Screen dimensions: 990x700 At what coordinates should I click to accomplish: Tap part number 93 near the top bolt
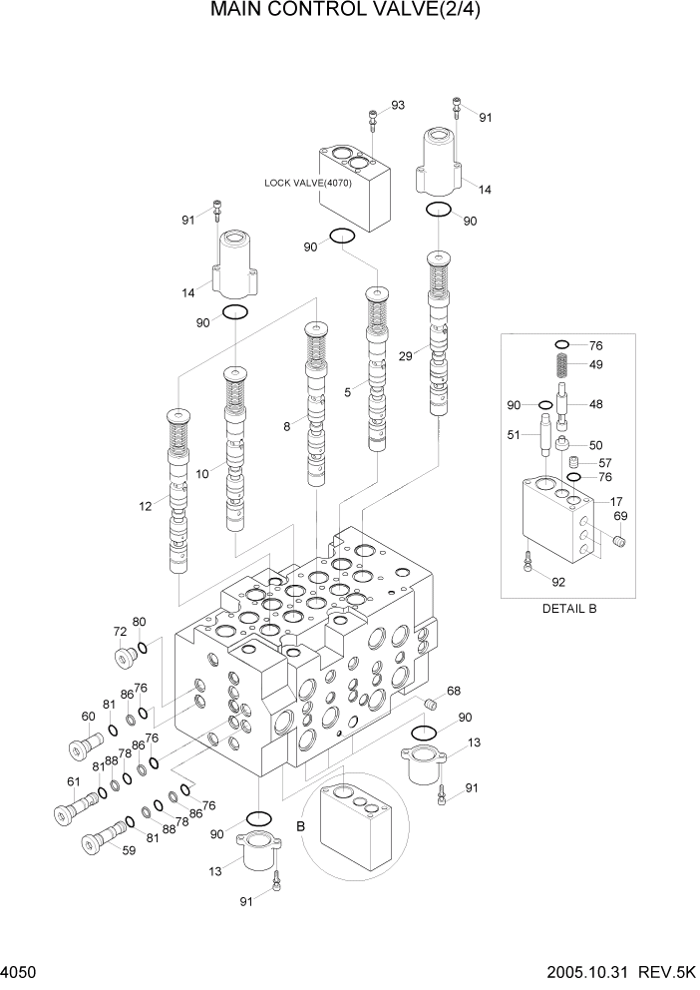tap(398, 105)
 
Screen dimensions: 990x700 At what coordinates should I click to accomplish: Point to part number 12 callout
tap(147, 507)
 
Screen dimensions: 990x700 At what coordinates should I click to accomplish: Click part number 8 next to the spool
tap(287, 426)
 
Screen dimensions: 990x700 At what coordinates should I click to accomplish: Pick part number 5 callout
tap(348, 393)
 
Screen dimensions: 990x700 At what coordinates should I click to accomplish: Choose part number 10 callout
tap(202, 474)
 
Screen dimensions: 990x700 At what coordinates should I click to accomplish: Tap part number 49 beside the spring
tap(595, 364)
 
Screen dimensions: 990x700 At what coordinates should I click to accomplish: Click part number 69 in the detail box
tap(619, 516)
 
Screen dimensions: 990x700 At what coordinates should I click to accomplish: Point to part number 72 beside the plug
tap(120, 633)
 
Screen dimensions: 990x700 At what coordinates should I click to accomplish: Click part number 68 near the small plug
tap(453, 691)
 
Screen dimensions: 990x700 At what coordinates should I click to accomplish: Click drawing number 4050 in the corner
tap(22, 970)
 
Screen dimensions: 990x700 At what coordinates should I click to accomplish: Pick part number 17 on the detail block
tap(617, 501)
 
